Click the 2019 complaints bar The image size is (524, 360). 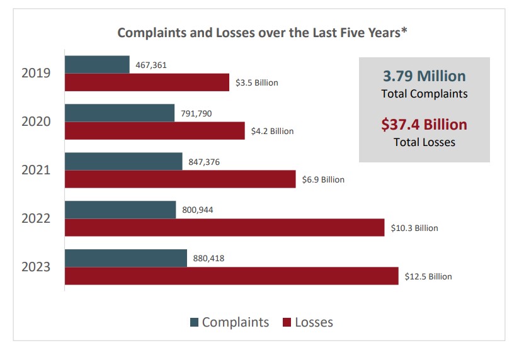click(x=97, y=64)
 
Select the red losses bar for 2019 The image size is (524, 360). click(x=147, y=82)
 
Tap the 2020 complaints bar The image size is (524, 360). click(x=120, y=113)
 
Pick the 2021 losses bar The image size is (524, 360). click(x=180, y=179)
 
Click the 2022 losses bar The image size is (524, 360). click(x=224, y=228)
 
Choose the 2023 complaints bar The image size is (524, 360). click(x=126, y=258)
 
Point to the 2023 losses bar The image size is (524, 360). click(x=231, y=276)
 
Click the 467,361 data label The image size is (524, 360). click(x=151, y=64)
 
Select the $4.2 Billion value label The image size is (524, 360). click(x=273, y=132)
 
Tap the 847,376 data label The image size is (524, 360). click(x=204, y=162)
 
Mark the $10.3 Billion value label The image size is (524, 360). click(x=414, y=228)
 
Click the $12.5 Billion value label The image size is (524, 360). click(x=428, y=276)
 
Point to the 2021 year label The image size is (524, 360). click(x=36, y=170)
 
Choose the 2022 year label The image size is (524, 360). click(x=36, y=218)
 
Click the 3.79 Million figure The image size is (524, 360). click(x=424, y=76)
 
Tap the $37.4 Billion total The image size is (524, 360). click(x=424, y=125)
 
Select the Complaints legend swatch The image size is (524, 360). click(x=194, y=323)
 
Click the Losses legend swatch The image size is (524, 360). click(x=287, y=323)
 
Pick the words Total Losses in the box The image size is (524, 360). click(x=424, y=142)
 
